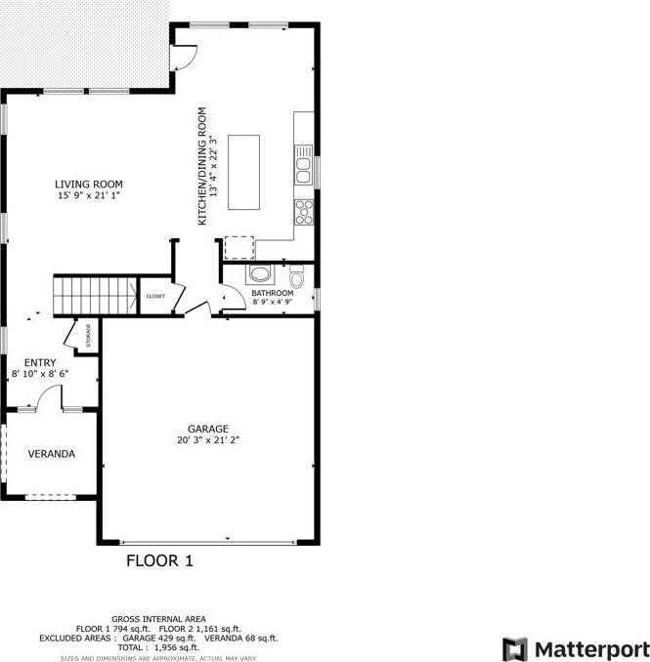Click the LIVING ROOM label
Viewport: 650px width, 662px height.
tap(89, 185)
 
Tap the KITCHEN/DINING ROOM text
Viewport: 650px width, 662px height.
tap(202, 166)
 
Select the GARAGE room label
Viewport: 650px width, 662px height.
tap(208, 429)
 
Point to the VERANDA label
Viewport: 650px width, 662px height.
tap(52, 454)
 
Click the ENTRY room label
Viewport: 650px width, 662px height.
tap(40, 362)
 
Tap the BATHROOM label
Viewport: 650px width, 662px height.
tap(272, 293)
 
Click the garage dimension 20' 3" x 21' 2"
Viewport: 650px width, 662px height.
tap(208, 440)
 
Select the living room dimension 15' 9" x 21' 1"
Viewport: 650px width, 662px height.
tap(89, 195)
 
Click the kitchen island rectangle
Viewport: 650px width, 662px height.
tap(243, 172)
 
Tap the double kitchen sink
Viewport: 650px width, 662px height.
tap(303, 165)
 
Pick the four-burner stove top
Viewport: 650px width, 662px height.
tap(304, 212)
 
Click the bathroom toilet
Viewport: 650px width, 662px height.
tap(297, 275)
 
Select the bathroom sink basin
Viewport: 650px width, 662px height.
tap(259, 273)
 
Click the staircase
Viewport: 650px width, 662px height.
tap(96, 296)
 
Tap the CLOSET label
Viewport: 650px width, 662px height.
tap(155, 297)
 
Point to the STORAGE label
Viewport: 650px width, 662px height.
tap(88, 335)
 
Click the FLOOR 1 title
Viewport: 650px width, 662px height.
tap(159, 560)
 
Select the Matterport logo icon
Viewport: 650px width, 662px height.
tap(515, 649)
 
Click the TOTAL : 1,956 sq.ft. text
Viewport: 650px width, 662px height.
tap(158, 647)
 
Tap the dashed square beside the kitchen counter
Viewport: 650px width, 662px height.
tap(239, 248)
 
